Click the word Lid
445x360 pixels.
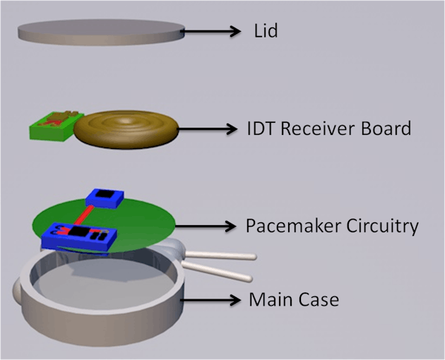(266, 31)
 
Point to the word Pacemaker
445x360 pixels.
(287, 226)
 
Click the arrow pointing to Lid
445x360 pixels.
(212, 31)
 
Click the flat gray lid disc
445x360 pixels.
(100, 32)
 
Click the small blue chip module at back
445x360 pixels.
(105, 198)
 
